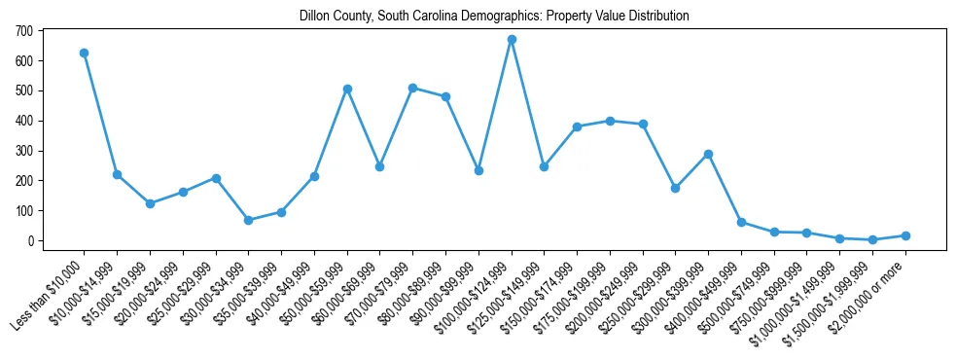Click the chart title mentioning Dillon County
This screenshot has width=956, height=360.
pyautogui.click(x=478, y=16)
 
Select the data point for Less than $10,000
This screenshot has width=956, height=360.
pyautogui.click(x=85, y=53)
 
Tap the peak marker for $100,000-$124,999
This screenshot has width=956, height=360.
pyautogui.click(x=512, y=40)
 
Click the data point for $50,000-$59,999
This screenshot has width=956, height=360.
pyautogui.click(x=347, y=89)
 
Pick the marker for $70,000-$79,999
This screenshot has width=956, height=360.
pyautogui.click(x=413, y=88)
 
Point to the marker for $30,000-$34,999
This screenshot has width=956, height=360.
pyautogui.click(x=249, y=220)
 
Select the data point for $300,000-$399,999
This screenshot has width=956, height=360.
pyautogui.click(x=709, y=154)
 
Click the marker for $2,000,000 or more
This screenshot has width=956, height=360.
pyautogui.click(x=905, y=235)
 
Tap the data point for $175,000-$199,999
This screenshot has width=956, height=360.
pyautogui.click(x=610, y=121)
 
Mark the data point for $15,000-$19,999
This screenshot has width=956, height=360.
pyautogui.click(x=150, y=203)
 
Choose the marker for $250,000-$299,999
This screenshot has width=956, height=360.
pyautogui.click(x=676, y=188)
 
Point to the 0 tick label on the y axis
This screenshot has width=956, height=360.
pyautogui.click(x=30, y=240)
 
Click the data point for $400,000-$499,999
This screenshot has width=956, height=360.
pyautogui.click(x=741, y=222)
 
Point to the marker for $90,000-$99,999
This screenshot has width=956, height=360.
pyautogui.click(x=478, y=170)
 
